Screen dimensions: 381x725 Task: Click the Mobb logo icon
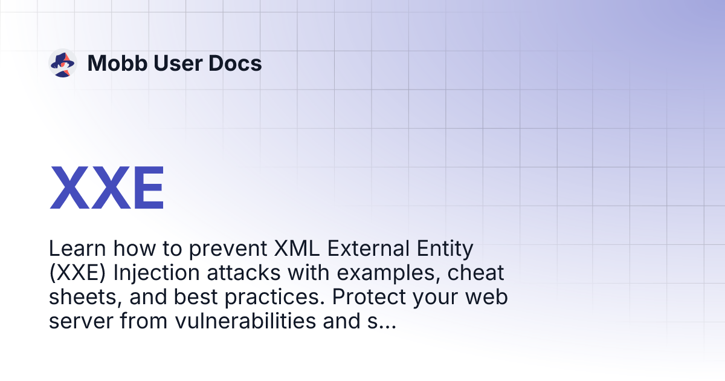tap(62, 63)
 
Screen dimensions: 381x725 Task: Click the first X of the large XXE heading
tap(68, 188)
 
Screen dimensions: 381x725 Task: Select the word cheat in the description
tap(475, 273)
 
